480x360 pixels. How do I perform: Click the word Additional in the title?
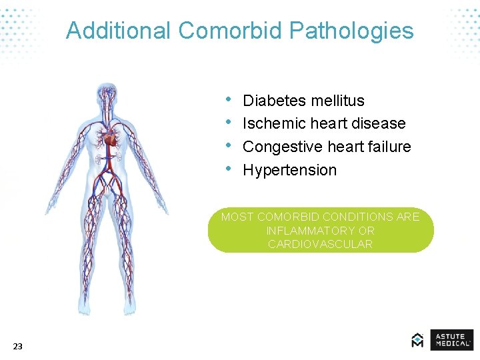pyautogui.click(x=119, y=31)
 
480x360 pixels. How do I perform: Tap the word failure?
pyautogui.click(x=386, y=147)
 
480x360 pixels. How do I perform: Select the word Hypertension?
pyautogui.click(x=290, y=170)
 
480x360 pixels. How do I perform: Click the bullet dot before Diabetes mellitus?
pyautogui.click(x=228, y=99)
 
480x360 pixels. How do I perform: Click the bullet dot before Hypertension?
pyautogui.click(x=228, y=169)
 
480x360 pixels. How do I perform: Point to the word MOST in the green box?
pyautogui.click(x=237, y=217)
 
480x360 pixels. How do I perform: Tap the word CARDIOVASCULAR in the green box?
pyautogui.click(x=320, y=244)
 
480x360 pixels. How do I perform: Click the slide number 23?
pyautogui.click(x=17, y=346)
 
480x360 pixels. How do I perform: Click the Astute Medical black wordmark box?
pyautogui.click(x=451, y=340)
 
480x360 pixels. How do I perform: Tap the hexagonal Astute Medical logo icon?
pyautogui.click(x=417, y=340)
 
